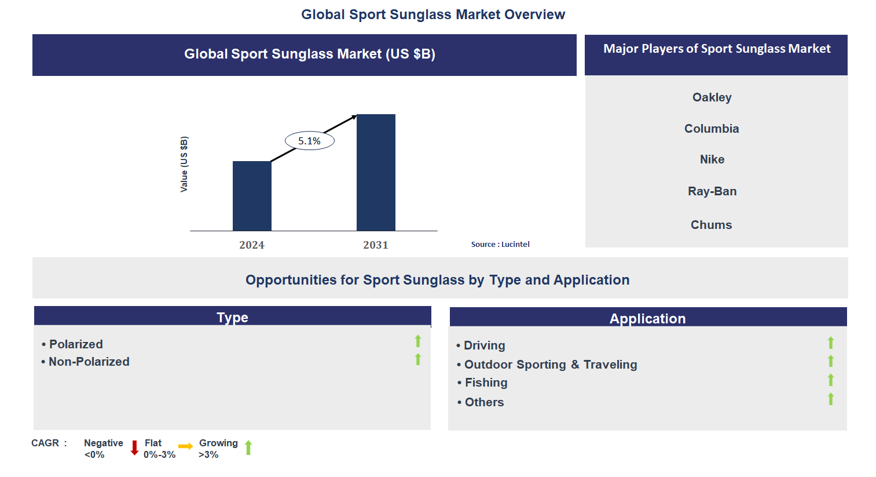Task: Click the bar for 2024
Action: (252, 196)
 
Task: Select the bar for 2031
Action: (376, 173)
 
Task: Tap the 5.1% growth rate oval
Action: (309, 141)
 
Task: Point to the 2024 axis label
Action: (252, 245)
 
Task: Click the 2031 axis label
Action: (376, 245)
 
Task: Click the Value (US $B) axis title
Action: (184, 164)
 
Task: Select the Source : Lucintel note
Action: (500, 245)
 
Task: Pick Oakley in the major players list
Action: (712, 97)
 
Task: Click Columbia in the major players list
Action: (712, 129)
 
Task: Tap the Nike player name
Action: (712, 159)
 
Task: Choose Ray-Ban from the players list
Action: (712, 191)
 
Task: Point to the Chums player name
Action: (711, 225)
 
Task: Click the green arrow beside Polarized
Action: (418, 341)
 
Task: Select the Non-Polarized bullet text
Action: (89, 362)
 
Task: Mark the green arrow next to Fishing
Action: (831, 380)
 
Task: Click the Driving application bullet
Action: (484, 345)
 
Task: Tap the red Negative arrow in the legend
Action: (134, 448)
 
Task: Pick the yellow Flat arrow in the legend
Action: (186, 446)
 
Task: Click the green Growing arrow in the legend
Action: (248, 447)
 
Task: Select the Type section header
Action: (232, 317)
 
